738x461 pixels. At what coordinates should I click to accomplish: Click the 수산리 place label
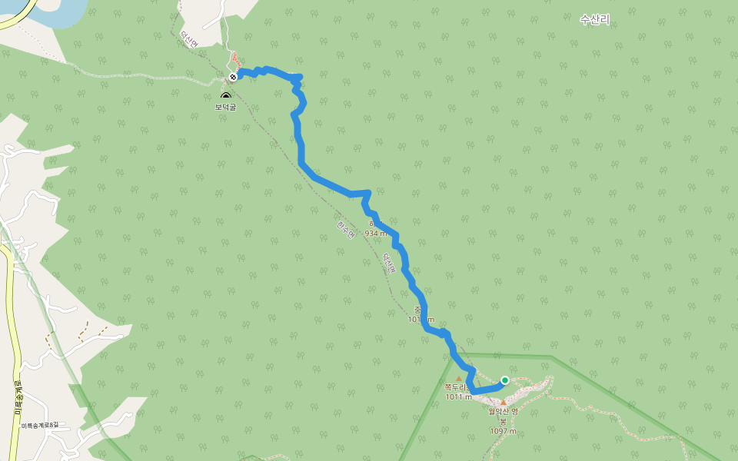pyautogui.click(x=594, y=20)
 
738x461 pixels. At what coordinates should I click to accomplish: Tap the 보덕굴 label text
pyautogui.click(x=225, y=107)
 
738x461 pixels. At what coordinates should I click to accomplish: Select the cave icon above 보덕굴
pyautogui.click(x=225, y=96)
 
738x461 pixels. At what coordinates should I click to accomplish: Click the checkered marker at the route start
pyautogui.click(x=233, y=77)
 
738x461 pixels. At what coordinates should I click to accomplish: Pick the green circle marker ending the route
pyautogui.click(x=505, y=380)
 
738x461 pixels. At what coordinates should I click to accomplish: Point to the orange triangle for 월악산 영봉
pyautogui.click(x=504, y=402)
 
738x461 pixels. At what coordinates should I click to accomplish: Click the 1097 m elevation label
pyautogui.click(x=503, y=431)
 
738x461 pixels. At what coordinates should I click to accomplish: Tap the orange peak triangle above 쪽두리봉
pyautogui.click(x=459, y=378)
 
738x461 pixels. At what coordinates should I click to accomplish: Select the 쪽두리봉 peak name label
pyautogui.click(x=457, y=388)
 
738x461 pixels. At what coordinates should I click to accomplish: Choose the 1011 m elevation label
pyautogui.click(x=458, y=397)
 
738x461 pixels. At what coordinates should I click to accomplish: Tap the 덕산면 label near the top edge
pyautogui.click(x=188, y=39)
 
